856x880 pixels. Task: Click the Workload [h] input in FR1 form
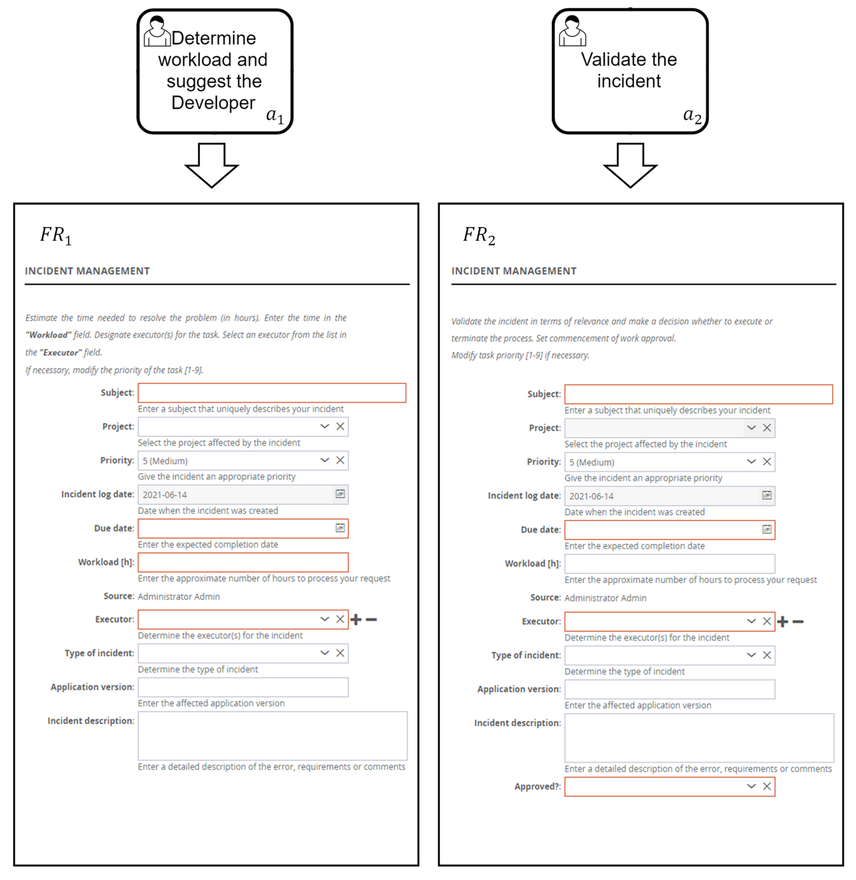tap(243, 562)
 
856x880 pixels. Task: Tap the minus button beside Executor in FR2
tap(798, 622)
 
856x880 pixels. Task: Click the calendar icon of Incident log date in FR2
tap(767, 495)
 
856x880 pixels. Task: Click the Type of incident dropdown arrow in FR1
tap(325, 653)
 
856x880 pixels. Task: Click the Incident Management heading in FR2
tap(514, 271)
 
